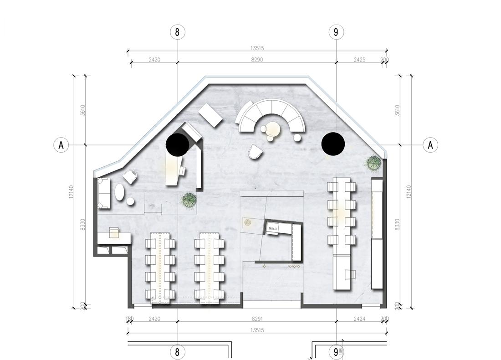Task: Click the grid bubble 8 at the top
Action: pyautogui.click(x=177, y=32)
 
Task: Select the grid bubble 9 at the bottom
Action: pyautogui.click(x=336, y=351)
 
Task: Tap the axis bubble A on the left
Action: pyautogui.click(x=61, y=145)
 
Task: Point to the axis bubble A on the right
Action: pyautogui.click(x=430, y=145)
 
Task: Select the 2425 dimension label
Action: pyautogui.click(x=359, y=59)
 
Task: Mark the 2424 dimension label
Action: pyautogui.click(x=359, y=319)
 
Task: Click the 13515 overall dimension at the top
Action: pyautogui.click(x=257, y=48)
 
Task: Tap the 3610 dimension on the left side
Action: pyautogui.click(x=83, y=110)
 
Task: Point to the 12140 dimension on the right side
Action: pyautogui.click(x=409, y=191)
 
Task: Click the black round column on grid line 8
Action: pyautogui.click(x=177, y=145)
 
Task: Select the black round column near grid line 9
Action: pyautogui.click(x=333, y=144)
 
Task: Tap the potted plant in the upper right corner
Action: pyautogui.click(x=374, y=163)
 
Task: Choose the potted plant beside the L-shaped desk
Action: pyautogui.click(x=189, y=200)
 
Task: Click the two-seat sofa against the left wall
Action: pyautogui.click(x=104, y=193)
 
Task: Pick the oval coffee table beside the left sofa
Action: pyautogui.click(x=120, y=192)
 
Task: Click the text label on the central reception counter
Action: pyautogui.click(x=273, y=228)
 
